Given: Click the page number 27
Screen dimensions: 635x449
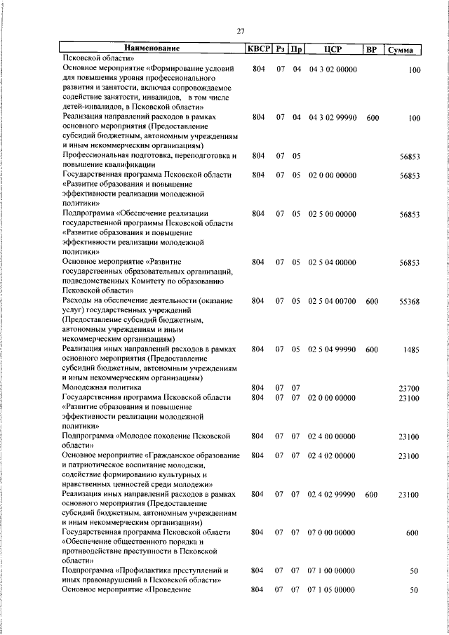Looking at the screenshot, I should pyautogui.click(x=241, y=31).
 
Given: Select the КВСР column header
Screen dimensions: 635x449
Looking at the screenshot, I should pyautogui.click(x=256, y=48).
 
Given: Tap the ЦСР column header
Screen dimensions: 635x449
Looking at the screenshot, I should pyautogui.click(x=333, y=48).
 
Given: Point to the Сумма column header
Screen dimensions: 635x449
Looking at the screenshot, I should pyautogui.click(x=405, y=49).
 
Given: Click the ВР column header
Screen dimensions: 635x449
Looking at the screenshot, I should pyautogui.click(x=372, y=48).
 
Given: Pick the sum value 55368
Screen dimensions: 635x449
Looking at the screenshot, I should pyautogui.click(x=408, y=301).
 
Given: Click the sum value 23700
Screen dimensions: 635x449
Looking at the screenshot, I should pyautogui.click(x=408, y=387).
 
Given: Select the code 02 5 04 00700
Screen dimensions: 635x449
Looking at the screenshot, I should pyautogui.click(x=333, y=301).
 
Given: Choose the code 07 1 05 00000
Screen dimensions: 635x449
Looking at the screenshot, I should pyautogui.click(x=333, y=591).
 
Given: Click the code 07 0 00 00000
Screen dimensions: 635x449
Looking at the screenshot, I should pyautogui.click(x=333, y=533).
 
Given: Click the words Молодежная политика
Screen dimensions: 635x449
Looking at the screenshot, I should pyautogui.click(x=102, y=387).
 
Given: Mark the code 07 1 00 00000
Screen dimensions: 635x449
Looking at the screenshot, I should pyautogui.click(x=333, y=571).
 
